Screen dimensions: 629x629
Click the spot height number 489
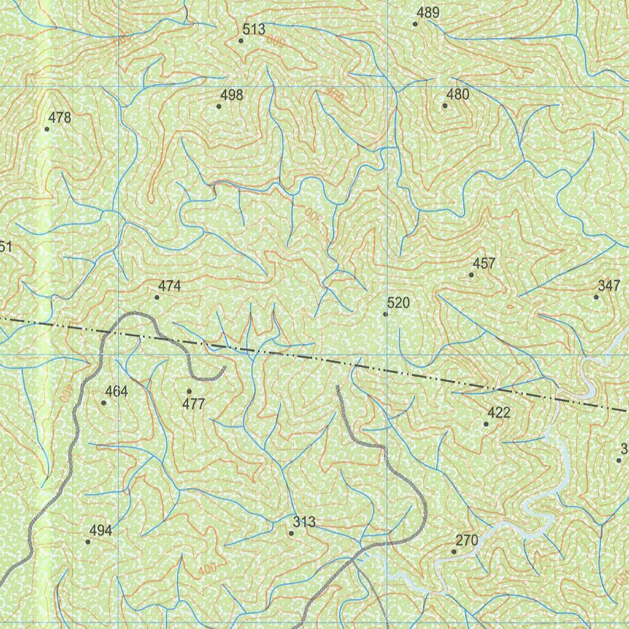(x=428, y=12)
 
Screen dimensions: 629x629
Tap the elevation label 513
(x=254, y=29)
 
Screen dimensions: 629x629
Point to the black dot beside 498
(x=219, y=106)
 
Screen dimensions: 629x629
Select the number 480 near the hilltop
(x=458, y=94)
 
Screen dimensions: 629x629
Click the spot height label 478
(x=60, y=117)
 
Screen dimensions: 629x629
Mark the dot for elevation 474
(x=157, y=297)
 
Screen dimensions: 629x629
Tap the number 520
(x=398, y=303)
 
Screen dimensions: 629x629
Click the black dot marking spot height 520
(x=385, y=314)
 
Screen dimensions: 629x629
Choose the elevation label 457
(x=484, y=264)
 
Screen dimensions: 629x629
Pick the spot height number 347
(x=609, y=285)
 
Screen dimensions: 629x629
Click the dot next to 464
(x=103, y=403)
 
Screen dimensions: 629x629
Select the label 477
(x=193, y=404)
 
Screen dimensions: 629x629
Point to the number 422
(x=499, y=412)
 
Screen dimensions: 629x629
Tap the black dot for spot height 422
(x=486, y=424)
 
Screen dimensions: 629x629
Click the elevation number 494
(x=101, y=530)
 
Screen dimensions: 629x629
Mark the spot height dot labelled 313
(x=291, y=533)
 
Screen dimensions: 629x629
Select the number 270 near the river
(x=467, y=541)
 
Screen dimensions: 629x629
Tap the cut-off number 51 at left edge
(x=6, y=247)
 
